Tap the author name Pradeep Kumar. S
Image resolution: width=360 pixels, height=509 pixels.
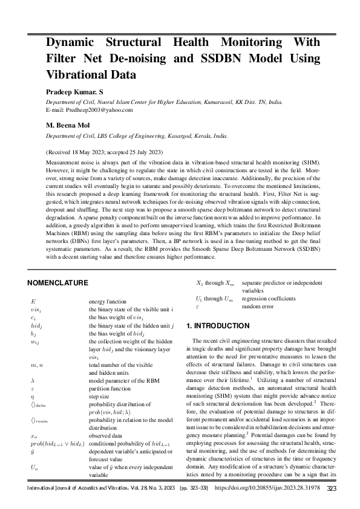76,91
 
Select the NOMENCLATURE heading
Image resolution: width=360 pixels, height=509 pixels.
58,282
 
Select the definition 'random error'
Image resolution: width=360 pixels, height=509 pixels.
257,306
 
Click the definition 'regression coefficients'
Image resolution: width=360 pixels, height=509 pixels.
268,299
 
